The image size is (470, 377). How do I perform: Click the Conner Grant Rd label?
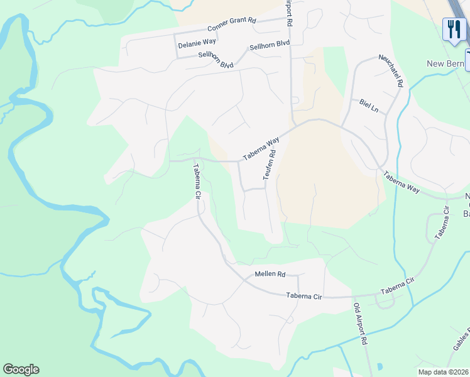pyautogui.click(x=232, y=25)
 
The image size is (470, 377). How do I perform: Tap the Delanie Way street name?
pyautogui.click(x=197, y=45)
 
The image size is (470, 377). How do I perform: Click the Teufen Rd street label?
pyautogui.click(x=270, y=164)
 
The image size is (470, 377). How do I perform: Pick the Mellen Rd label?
pyautogui.click(x=270, y=275)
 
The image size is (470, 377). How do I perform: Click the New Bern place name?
pyautogui.click(x=445, y=64)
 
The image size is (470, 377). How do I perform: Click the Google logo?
pyautogui.click(x=21, y=369)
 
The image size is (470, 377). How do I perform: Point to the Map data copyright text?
pyautogui.click(x=443, y=372)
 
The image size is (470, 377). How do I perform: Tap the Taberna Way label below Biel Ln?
pyautogui.click(x=401, y=182)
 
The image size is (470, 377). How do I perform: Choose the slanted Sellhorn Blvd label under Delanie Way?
pyautogui.click(x=216, y=61)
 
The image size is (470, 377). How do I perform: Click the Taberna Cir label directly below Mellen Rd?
pyautogui.click(x=303, y=295)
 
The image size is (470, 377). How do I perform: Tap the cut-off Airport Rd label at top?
pyautogui.click(x=288, y=13)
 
